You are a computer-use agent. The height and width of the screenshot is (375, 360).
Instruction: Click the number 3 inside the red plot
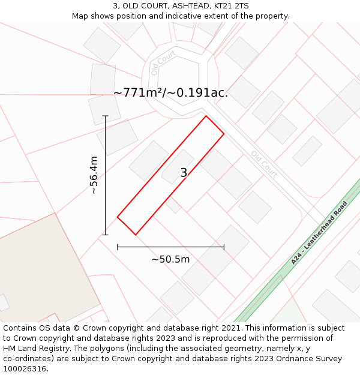coord(184,173)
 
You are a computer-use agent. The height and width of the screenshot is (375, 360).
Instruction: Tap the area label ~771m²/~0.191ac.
coord(170,93)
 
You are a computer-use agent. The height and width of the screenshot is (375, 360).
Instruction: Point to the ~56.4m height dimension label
coord(94,175)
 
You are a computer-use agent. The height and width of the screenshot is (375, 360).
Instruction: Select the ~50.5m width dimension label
coord(170,259)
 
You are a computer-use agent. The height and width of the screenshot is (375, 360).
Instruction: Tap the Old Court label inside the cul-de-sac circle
coord(163,62)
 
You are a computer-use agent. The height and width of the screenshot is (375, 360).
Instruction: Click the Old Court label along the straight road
coord(265,164)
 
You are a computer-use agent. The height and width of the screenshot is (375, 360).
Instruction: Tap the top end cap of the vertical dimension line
coord(105,116)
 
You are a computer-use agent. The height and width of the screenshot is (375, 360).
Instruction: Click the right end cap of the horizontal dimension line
coord(224,247)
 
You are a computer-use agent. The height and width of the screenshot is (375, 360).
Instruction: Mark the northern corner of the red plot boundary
coord(206,116)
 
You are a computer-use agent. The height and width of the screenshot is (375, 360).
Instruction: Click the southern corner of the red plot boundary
coord(136,235)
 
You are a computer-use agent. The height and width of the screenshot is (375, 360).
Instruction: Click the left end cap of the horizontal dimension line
coord(117,247)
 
